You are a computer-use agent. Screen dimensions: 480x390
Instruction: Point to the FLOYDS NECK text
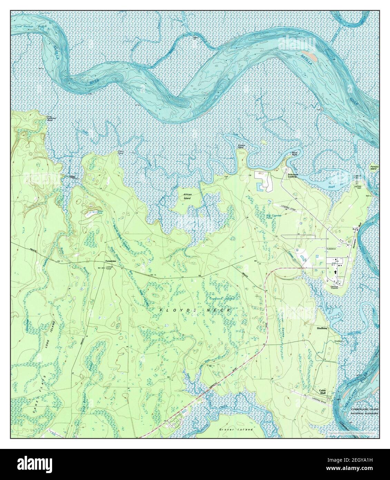click(x=195, y=310)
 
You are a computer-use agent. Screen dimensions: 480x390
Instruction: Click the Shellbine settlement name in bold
click(x=323, y=328)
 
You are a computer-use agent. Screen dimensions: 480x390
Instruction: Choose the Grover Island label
click(x=236, y=430)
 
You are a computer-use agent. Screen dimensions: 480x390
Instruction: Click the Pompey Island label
click(x=374, y=168)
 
